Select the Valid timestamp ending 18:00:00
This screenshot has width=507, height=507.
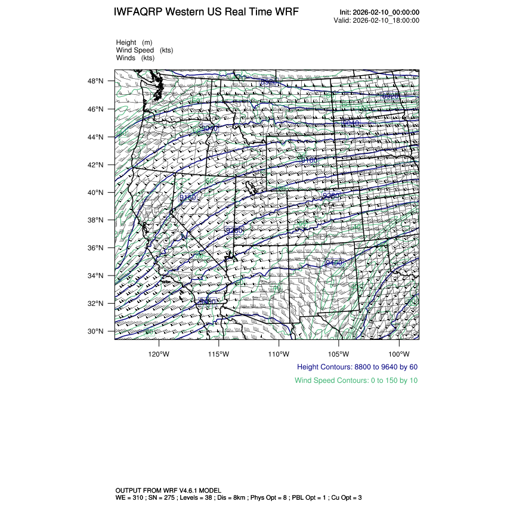[x=387, y=20]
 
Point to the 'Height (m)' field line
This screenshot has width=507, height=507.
[x=134, y=42]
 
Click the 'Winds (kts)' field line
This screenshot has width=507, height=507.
[x=135, y=58]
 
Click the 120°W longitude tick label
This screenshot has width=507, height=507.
[x=159, y=353]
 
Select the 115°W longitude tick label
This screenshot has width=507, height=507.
[x=219, y=353]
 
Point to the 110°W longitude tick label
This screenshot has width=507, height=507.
[x=279, y=353]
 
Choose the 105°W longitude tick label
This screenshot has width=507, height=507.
[x=339, y=353]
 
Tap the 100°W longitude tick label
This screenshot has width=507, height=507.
[x=398, y=353]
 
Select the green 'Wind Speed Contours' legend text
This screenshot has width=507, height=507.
[x=356, y=381]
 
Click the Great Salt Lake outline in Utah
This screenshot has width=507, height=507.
[x=253, y=187]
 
